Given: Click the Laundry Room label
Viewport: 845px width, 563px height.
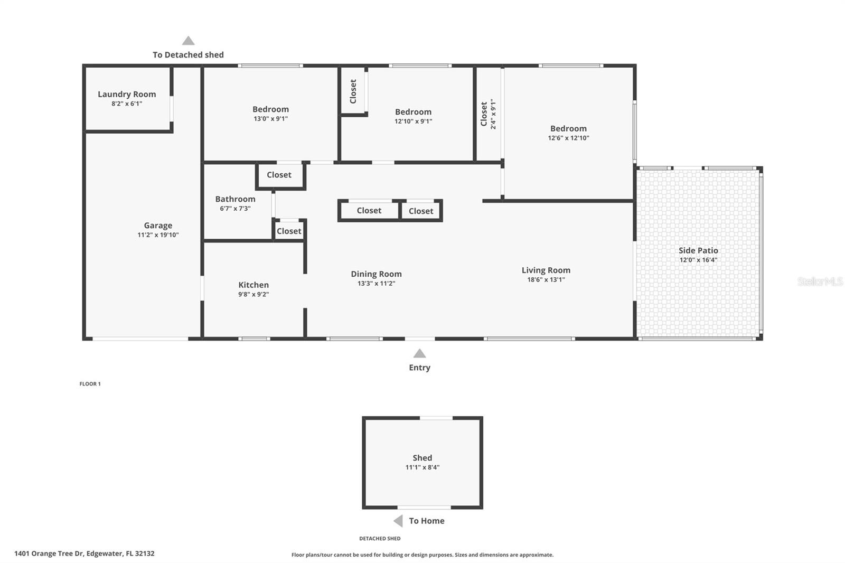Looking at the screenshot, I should [x=127, y=94].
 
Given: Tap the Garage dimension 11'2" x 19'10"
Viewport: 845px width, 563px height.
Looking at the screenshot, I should [x=158, y=235].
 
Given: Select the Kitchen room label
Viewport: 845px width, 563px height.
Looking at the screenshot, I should [x=253, y=285].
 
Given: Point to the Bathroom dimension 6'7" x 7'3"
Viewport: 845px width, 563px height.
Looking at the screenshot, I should [x=235, y=209].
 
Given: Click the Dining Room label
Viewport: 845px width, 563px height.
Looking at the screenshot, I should [x=376, y=274].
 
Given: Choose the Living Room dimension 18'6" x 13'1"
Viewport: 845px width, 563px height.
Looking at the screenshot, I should [x=546, y=280].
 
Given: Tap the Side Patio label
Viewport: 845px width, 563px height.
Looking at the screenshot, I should [x=698, y=250].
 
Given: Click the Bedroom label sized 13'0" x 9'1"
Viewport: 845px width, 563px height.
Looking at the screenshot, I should [x=270, y=109].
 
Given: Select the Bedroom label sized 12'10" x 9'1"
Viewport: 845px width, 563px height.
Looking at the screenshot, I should [x=413, y=112].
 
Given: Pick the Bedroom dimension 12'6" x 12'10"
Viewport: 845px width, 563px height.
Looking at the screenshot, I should [x=568, y=138].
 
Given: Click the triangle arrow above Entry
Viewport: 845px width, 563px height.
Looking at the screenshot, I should [x=419, y=353].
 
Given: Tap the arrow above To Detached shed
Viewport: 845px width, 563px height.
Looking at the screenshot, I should [x=189, y=41].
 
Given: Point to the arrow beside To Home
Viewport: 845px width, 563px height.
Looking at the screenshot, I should [x=398, y=521].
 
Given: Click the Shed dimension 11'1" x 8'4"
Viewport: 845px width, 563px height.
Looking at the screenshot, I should [x=422, y=467].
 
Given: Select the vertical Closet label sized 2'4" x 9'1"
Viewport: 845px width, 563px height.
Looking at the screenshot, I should [x=484, y=114].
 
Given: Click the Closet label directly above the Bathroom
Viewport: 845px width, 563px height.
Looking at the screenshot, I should [x=279, y=175].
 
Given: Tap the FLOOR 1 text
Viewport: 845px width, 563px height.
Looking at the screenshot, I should [x=90, y=384].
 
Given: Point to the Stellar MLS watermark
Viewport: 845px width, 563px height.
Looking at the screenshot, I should [x=820, y=281].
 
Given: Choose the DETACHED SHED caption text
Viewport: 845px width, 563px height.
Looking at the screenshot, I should [x=380, y=538].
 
